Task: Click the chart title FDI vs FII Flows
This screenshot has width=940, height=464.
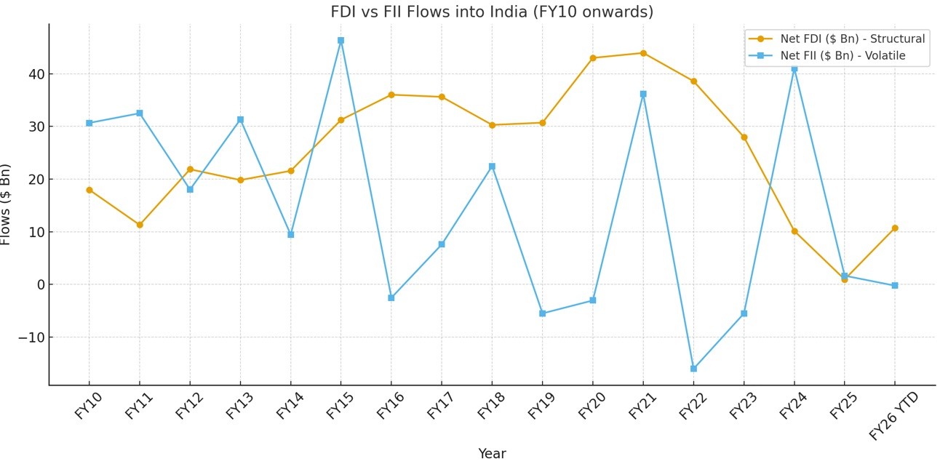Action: [x=492, y=12]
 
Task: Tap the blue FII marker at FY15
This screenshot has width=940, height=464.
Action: [x=340, y=41]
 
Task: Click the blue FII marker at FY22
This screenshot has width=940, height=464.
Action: [x=693, y=369]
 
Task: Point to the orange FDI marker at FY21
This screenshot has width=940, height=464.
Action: [x=643, y=53]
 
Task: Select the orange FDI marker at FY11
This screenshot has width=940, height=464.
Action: [x=140, y=225]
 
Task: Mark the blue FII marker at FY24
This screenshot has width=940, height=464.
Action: [x=794, y=68]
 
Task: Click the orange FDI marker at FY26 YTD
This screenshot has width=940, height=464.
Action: [x=895, y=228]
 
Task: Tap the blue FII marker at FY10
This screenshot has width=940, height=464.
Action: [x=89, y=123]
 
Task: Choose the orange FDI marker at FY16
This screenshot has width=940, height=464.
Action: [x=391, y=95]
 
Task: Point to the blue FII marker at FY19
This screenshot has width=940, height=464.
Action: [x=542, y=313]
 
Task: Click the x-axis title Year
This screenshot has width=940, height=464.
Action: [x=492, y=454]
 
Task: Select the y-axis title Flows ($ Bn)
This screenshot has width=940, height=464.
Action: [x=7, y=204]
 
